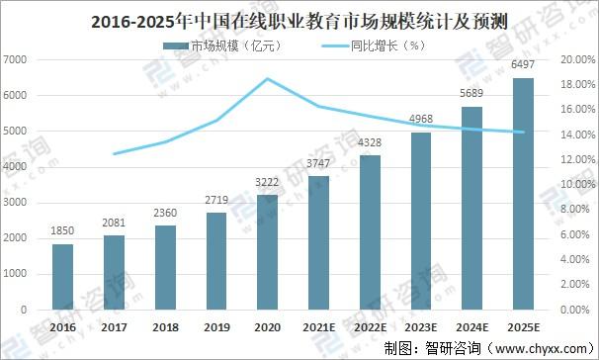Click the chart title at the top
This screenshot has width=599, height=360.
[x=299, y=18]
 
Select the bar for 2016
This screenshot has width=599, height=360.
[x=62, y=277]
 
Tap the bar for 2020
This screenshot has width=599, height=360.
[x=268, y=252]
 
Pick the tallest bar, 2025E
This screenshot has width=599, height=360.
[x=523, y=194]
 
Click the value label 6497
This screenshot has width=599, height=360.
[x=523, y=66]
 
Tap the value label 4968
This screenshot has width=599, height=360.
[x=421, y=122]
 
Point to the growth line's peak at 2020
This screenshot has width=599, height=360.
[x=268, y=78]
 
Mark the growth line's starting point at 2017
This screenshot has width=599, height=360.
[x=114, y=154]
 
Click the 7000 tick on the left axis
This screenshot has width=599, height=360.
[x=14, y=60]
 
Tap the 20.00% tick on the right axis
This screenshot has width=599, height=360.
[x=577, y=60]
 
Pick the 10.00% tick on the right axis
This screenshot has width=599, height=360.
[x=577, y=185]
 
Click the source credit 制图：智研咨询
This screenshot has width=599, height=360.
[x=425, y=347]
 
